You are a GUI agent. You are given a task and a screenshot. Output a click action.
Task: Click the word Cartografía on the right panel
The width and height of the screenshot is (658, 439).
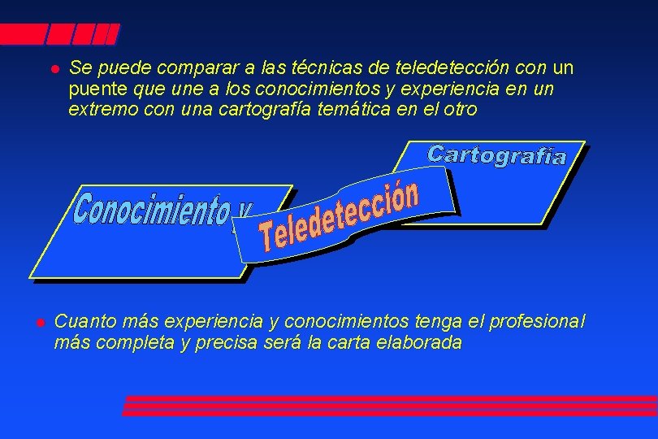(x=496, y=154)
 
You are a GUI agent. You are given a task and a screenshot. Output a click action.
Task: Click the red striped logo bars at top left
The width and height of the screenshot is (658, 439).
(x=60, y=34)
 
